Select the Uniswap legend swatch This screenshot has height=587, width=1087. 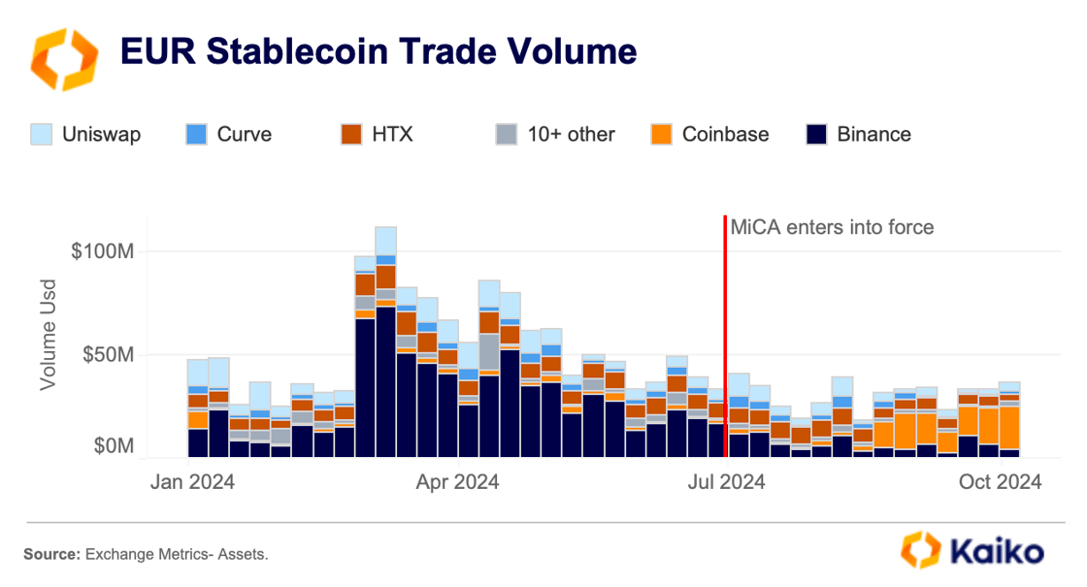42,134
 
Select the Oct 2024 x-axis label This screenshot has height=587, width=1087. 999,481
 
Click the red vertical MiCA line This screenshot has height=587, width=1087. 725,320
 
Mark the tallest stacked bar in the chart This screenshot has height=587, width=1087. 385,340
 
